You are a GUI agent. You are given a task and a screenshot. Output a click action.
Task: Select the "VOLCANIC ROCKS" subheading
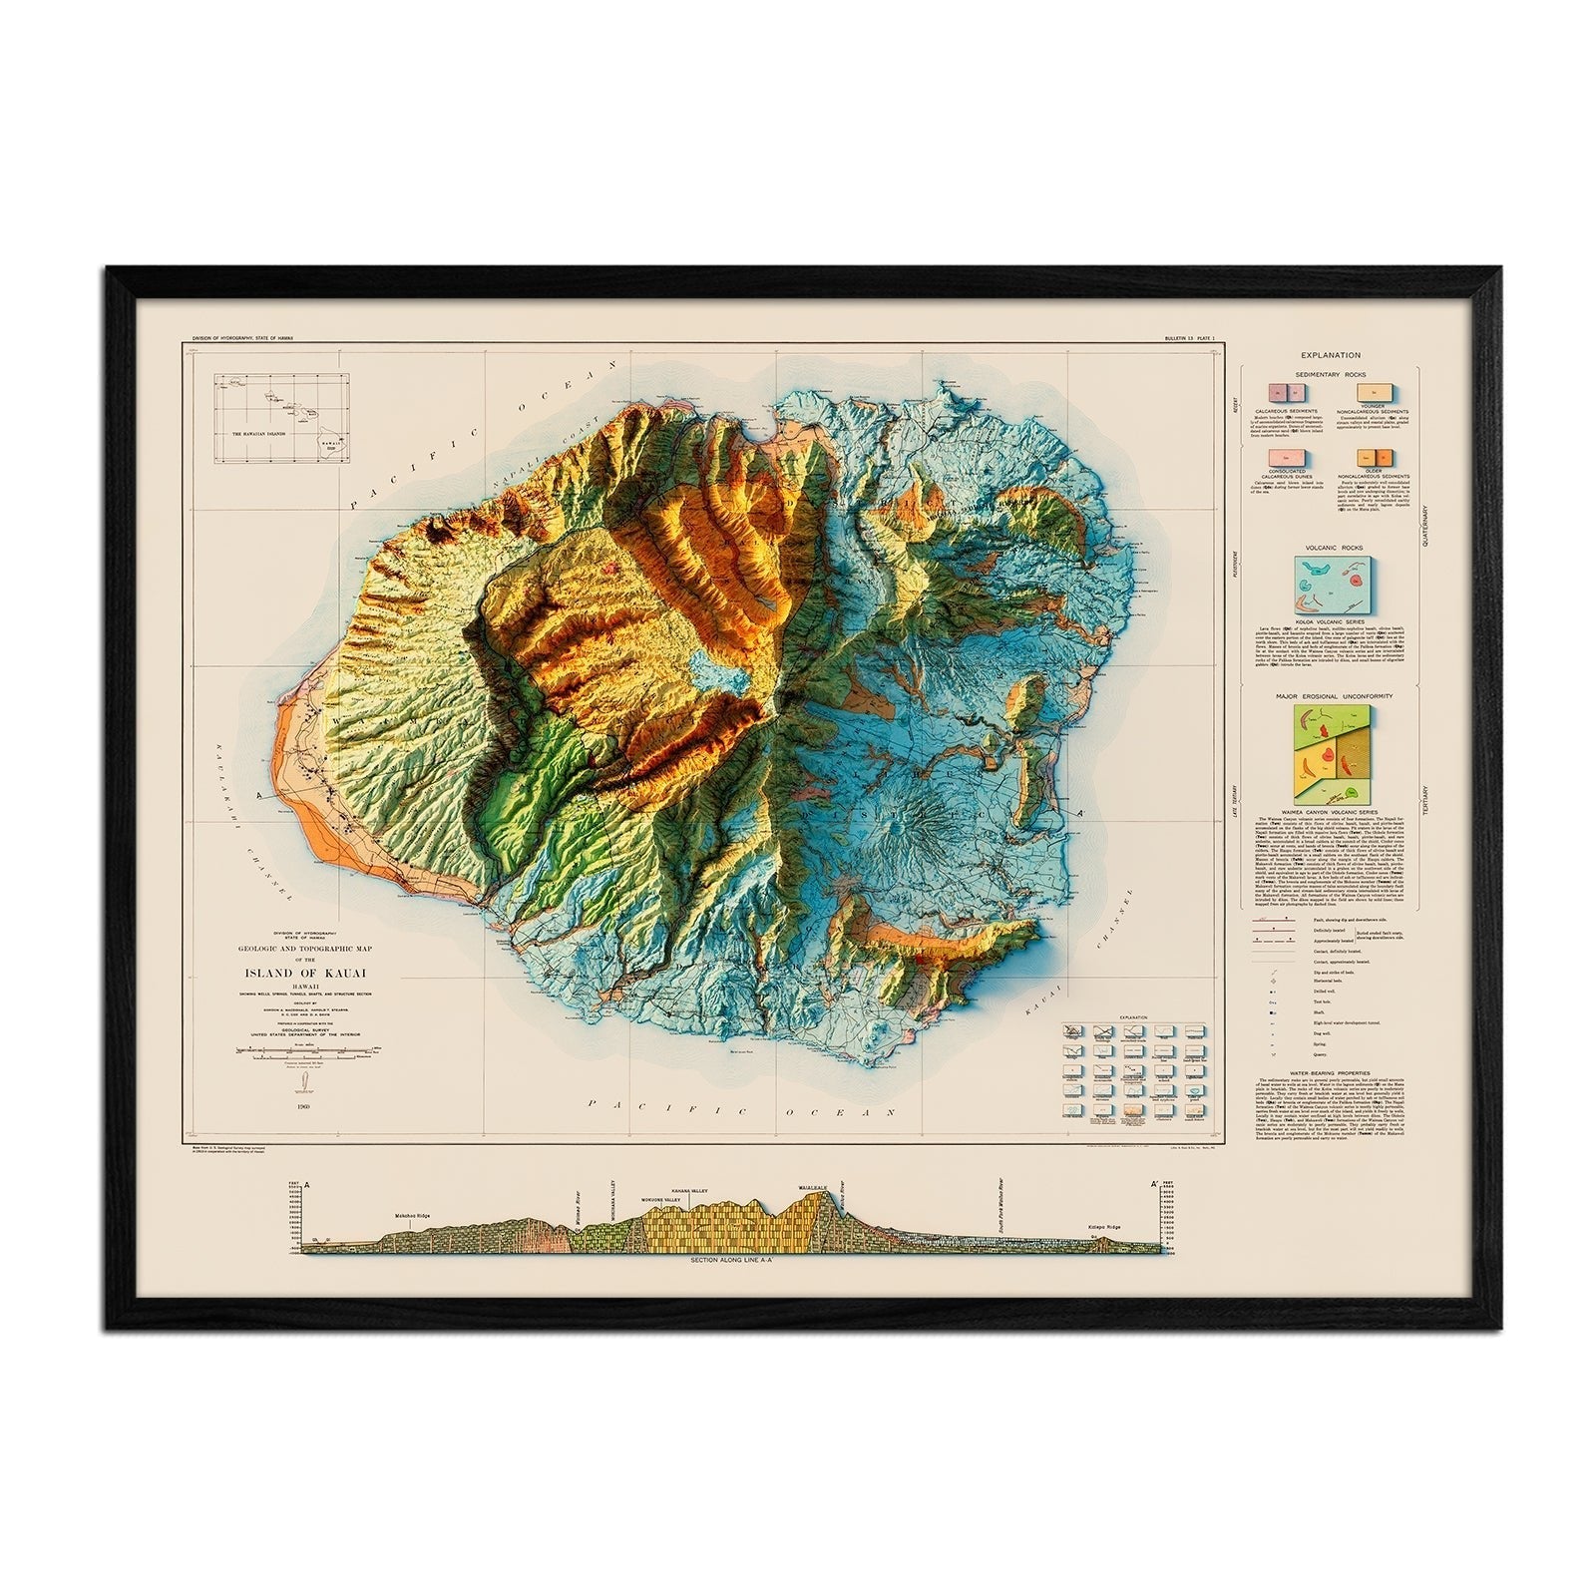point(1331,548)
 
